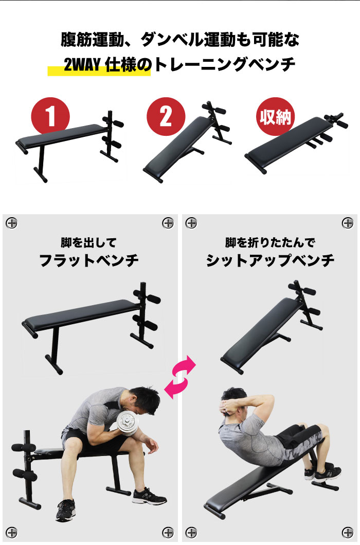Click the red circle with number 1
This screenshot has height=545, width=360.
pos(51,116)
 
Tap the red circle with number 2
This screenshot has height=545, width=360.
pos(166,116)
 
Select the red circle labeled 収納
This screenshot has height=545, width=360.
pos(274,116)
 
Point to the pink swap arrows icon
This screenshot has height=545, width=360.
pos(180,376)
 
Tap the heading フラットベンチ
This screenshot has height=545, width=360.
pos(89,260)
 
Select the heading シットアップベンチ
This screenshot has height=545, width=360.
pos(270,260)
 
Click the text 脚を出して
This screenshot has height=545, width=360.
pos(89,242)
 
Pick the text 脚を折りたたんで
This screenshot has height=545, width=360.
pos(270,242)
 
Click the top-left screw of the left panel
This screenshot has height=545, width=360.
pos(11,223)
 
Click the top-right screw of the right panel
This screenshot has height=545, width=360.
pos(348,223)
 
